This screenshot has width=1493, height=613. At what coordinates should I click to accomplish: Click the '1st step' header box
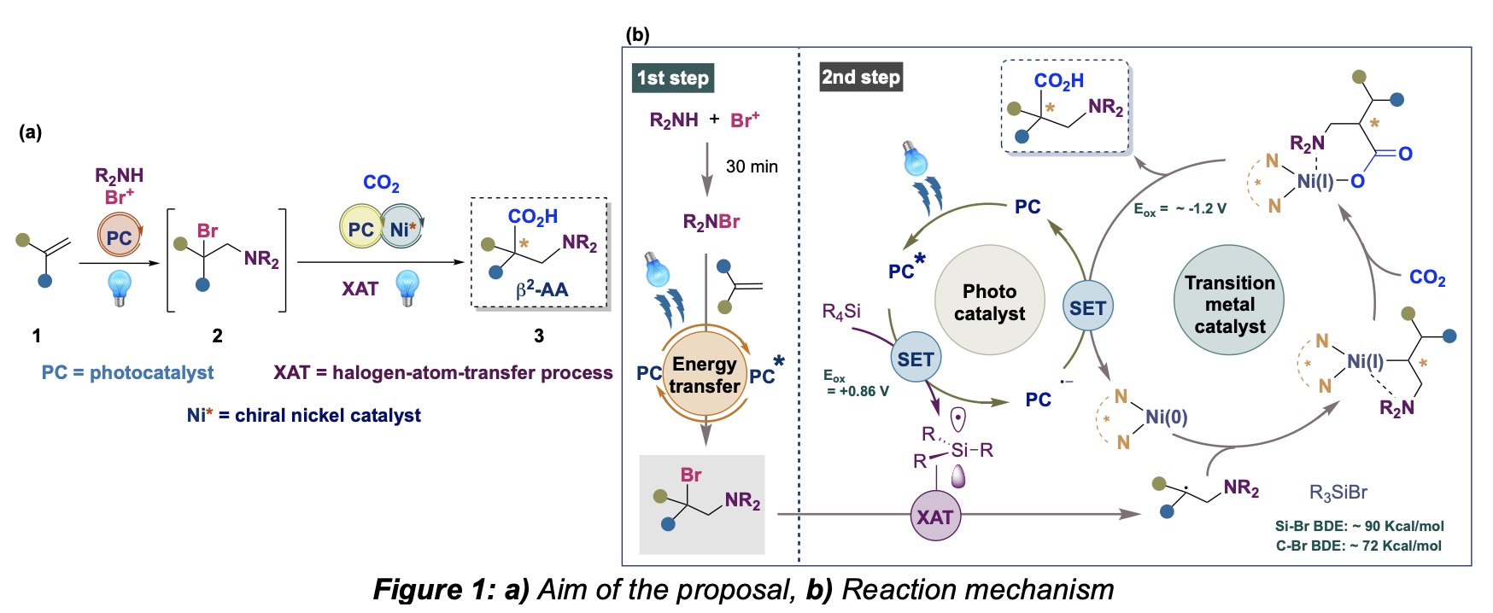coord(673,78)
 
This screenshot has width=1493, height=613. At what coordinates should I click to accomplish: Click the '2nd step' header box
coord(860,77)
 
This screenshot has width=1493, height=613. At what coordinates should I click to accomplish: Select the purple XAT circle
coord(935,517)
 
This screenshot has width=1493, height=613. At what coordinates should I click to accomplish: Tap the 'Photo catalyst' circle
coord(990,302)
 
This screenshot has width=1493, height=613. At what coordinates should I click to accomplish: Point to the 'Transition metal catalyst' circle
coord(1230,304)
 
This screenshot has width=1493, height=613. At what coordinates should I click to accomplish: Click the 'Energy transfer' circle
coord(705,375)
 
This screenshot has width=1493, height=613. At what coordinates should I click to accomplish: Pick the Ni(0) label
coord(1166,417)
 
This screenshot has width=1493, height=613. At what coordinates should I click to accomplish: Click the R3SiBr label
coord(1338,493)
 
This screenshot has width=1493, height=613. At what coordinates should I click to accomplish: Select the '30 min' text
coord(752,166)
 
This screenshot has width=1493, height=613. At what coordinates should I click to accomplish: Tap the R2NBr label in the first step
coord(711,222)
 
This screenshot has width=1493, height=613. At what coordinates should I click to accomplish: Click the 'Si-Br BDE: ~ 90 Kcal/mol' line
coord(1359,526)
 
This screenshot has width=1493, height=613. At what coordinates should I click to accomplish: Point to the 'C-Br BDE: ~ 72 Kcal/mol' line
coord(1358,546)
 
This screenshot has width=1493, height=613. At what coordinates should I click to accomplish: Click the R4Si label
coord(841,312)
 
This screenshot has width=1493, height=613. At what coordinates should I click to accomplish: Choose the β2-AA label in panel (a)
coord(542,289)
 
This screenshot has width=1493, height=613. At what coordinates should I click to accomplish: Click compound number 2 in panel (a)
coord(217,336)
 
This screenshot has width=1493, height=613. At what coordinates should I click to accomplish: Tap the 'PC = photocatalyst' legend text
coord(128,372)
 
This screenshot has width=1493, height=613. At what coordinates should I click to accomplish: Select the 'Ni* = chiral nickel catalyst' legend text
coord(303,415)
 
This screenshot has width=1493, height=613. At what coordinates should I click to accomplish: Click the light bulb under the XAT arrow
coord(407,287)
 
